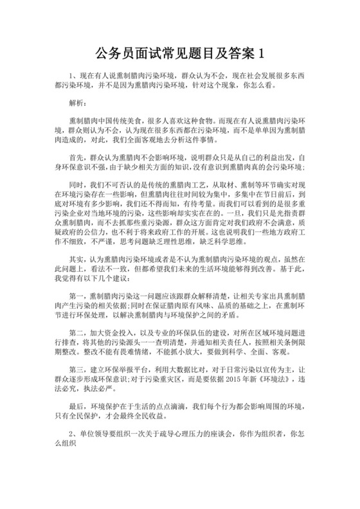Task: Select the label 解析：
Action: tap(80, 102)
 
